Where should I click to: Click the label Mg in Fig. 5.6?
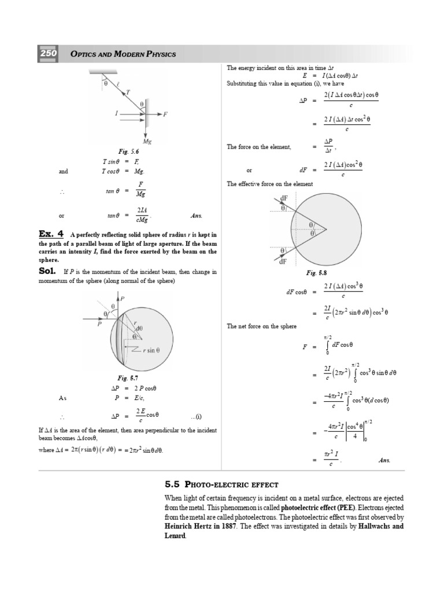147,140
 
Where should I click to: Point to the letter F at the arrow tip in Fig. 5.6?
165,114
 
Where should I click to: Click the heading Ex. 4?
50,234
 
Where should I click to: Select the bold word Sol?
48,271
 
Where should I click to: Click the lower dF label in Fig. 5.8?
283,261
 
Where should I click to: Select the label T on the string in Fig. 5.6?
128,92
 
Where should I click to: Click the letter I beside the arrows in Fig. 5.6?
117,114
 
